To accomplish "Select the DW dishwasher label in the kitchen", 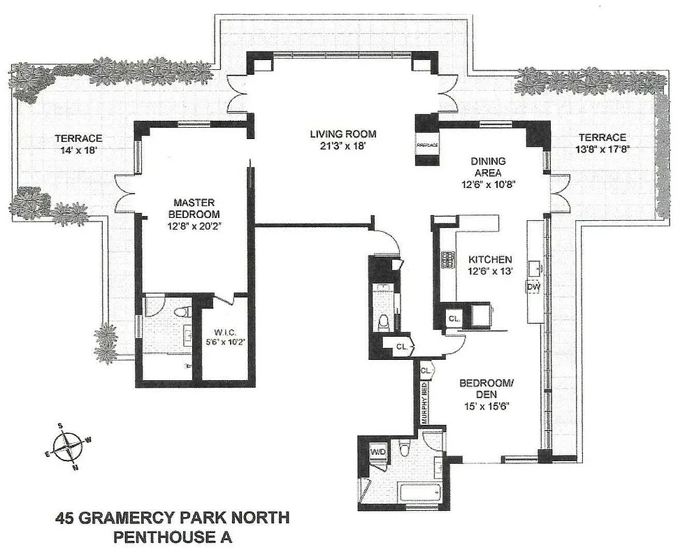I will click(533, 286).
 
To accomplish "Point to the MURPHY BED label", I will click(424, 402).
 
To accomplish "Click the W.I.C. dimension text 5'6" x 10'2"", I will click(224, 342).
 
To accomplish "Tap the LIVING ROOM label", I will click(344, 134).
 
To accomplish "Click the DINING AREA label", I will click(487, 166).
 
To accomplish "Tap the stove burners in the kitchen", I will click(445, 260).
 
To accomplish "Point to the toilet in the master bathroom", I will click(184, 312).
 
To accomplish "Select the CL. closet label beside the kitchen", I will click(454, 318).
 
